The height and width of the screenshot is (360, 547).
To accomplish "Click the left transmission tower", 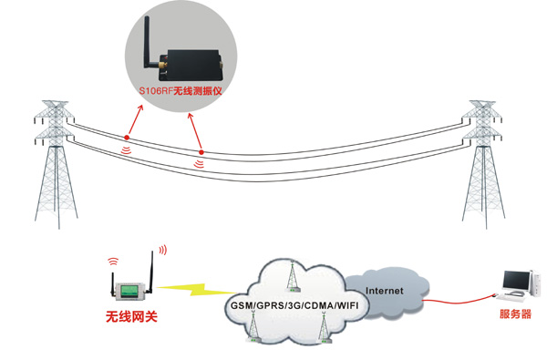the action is pos(56,164).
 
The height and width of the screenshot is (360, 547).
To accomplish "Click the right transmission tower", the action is pos(483,164).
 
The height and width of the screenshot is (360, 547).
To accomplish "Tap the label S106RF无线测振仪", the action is pos(181,91).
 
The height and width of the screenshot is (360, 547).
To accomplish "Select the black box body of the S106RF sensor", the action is pos(194,65).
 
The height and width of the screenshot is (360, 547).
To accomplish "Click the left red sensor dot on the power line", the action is pos(127,138).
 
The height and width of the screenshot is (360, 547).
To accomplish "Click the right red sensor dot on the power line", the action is pos(201,152).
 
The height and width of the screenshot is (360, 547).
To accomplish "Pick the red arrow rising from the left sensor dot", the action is pos(135,120).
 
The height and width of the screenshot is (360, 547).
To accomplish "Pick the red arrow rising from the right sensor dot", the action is pos(195,132).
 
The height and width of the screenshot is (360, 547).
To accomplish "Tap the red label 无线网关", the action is pos(131,316).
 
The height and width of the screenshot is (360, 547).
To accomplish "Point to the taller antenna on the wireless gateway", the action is pos(151,273).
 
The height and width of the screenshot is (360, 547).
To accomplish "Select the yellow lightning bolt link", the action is pos(197,289).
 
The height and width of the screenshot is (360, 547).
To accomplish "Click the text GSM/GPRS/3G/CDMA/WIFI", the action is pos(294,306).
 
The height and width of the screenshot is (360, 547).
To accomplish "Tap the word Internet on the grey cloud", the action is pos(385,291).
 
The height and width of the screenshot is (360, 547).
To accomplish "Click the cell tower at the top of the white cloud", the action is pos(293,276).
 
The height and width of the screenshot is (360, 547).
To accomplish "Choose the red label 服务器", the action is pos(515,314).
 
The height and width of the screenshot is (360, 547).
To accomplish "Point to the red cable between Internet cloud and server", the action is pos(459,301).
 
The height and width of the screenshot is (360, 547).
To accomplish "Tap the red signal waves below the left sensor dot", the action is pos(127,150).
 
